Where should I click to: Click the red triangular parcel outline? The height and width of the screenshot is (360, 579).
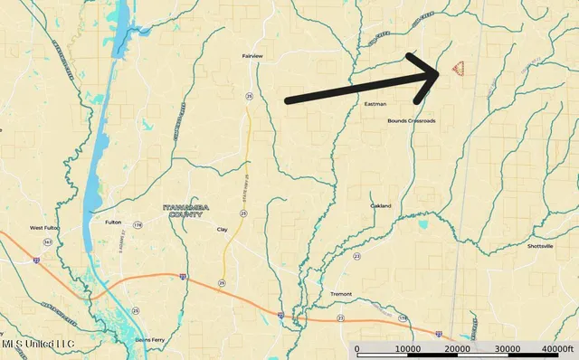458,70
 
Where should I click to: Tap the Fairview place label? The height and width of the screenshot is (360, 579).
252,56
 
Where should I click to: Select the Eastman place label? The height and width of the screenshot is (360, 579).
375,104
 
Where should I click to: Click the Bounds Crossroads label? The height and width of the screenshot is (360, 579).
411,120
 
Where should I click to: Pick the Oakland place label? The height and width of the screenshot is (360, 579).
381,206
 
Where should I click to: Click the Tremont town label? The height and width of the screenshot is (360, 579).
341,295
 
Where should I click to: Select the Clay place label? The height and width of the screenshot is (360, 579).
222,230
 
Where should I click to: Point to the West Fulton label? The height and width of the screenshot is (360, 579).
44,228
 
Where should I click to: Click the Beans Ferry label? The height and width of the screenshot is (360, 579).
149,339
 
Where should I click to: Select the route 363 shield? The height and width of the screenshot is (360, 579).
48,242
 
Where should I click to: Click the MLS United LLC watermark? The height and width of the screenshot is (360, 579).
37,345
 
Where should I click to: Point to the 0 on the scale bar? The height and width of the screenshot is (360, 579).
356,349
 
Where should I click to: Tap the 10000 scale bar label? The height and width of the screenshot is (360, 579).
407,349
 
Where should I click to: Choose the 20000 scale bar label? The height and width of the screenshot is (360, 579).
458,349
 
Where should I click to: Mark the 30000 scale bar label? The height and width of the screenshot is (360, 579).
508,349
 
